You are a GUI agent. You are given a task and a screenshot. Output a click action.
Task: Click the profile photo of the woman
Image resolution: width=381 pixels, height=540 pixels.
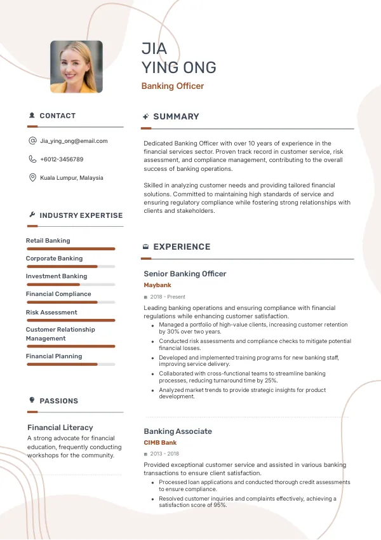tap(76, 67)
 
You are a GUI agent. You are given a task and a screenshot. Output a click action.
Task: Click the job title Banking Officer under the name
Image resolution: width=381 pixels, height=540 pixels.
tap(172, 86)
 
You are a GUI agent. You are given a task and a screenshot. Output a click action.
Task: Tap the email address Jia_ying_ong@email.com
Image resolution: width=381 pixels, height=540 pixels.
tap(74, 141)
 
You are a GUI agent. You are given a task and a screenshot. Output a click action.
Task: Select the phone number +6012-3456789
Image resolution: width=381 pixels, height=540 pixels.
tap(62, 159)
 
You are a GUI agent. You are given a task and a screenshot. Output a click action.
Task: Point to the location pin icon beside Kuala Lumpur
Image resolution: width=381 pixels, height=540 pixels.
tap(32, 178)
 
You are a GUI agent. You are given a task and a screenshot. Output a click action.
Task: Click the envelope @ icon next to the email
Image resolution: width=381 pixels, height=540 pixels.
tap(32, 141)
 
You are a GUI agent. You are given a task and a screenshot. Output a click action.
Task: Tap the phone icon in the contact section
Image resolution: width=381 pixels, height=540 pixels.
tap(32, 159)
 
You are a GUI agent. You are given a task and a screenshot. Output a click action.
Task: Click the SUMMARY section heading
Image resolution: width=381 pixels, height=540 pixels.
tap(176, 117)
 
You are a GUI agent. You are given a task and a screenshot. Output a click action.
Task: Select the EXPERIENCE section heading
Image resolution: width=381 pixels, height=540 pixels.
tap(182, 247)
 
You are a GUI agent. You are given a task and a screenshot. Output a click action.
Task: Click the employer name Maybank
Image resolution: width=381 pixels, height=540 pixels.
tap(157, 285)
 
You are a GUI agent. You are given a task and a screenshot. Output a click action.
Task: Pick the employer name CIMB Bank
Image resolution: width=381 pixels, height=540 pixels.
tap(160, 443)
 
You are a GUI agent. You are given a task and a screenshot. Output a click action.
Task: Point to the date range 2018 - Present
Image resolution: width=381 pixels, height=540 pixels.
tap(168, 297)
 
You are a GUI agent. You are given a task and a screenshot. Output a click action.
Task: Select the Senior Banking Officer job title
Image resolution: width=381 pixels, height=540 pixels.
tap(185, 274)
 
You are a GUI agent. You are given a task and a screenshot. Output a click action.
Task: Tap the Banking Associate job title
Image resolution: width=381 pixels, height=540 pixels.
tap(178, 431)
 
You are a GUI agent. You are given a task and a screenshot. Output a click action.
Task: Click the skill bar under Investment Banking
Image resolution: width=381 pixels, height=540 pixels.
tap(70, 284)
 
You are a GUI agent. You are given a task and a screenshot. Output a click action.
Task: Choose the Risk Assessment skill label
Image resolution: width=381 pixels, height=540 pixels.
tap(51, 313)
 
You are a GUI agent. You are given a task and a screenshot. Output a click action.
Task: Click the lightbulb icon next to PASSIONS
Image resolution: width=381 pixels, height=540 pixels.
tap(32, 400)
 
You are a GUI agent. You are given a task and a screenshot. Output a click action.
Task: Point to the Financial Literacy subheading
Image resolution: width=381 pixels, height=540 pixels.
tap(60, 428)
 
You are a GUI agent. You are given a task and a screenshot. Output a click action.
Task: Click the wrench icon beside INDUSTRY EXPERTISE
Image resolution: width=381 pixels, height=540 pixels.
tap(32, 215)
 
